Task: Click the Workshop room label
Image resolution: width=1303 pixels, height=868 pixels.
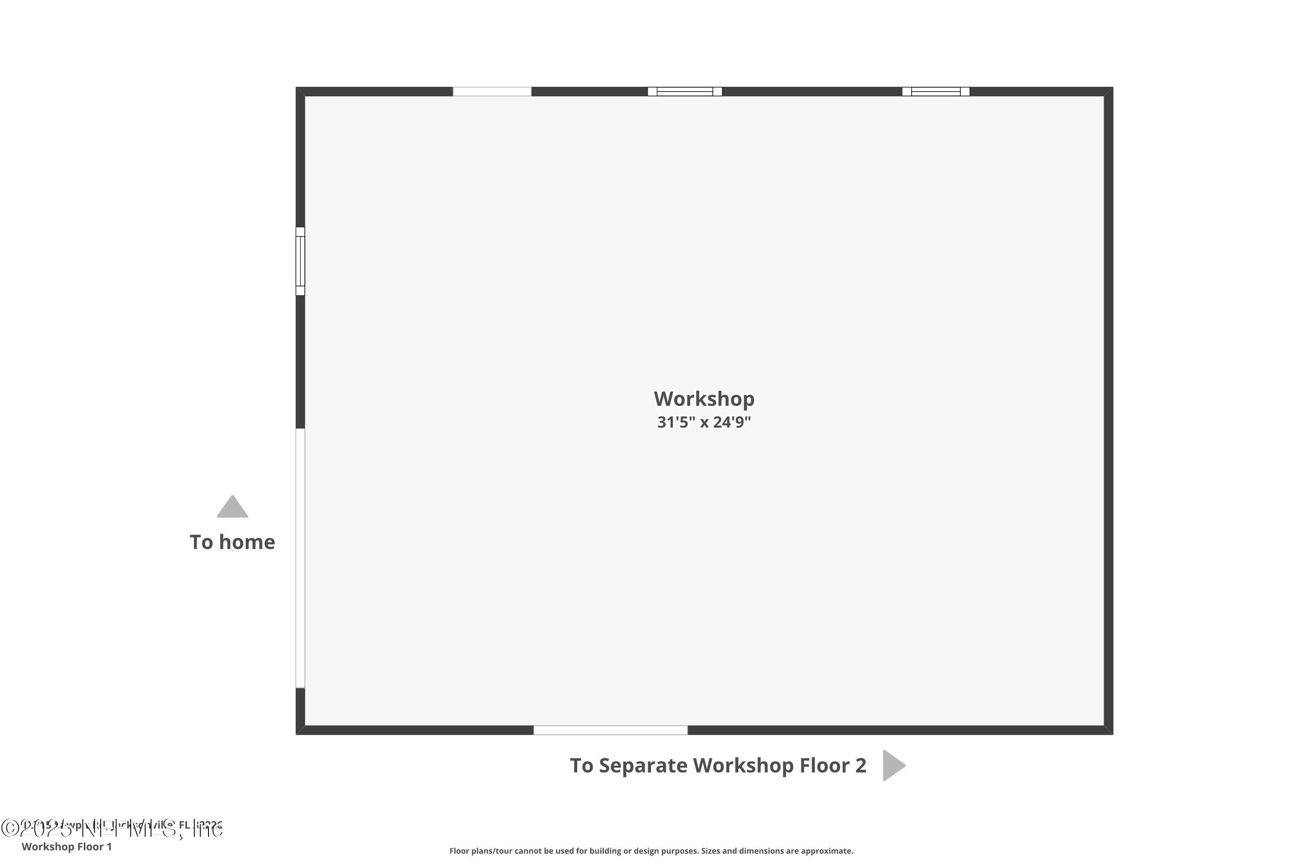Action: [x=704, y=398]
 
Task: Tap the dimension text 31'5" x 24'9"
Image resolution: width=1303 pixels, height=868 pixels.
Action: [x=704, y=422]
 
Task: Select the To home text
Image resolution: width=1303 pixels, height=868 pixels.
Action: [x=232, y=542]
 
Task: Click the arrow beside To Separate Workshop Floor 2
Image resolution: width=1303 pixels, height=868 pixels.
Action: [x=893, y=766]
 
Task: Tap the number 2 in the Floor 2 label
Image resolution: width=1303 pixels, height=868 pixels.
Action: [x=860, y=766]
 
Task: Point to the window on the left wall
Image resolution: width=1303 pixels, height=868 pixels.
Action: [x=300, y=261]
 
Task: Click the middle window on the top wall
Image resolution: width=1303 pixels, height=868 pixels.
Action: [x=685, y=91]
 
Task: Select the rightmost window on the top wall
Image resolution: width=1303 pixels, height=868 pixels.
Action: [x=936, y=91]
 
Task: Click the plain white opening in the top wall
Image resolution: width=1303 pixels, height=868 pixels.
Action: [x=492, y=91]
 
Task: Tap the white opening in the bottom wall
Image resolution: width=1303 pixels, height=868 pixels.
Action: [x=611, y=730]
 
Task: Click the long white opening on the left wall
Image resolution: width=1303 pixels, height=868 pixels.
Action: [x=300, y=558]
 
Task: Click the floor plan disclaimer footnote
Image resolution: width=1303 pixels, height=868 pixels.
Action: [x=651, y=851]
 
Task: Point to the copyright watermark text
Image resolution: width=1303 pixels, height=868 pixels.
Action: [x=111, y=828]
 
